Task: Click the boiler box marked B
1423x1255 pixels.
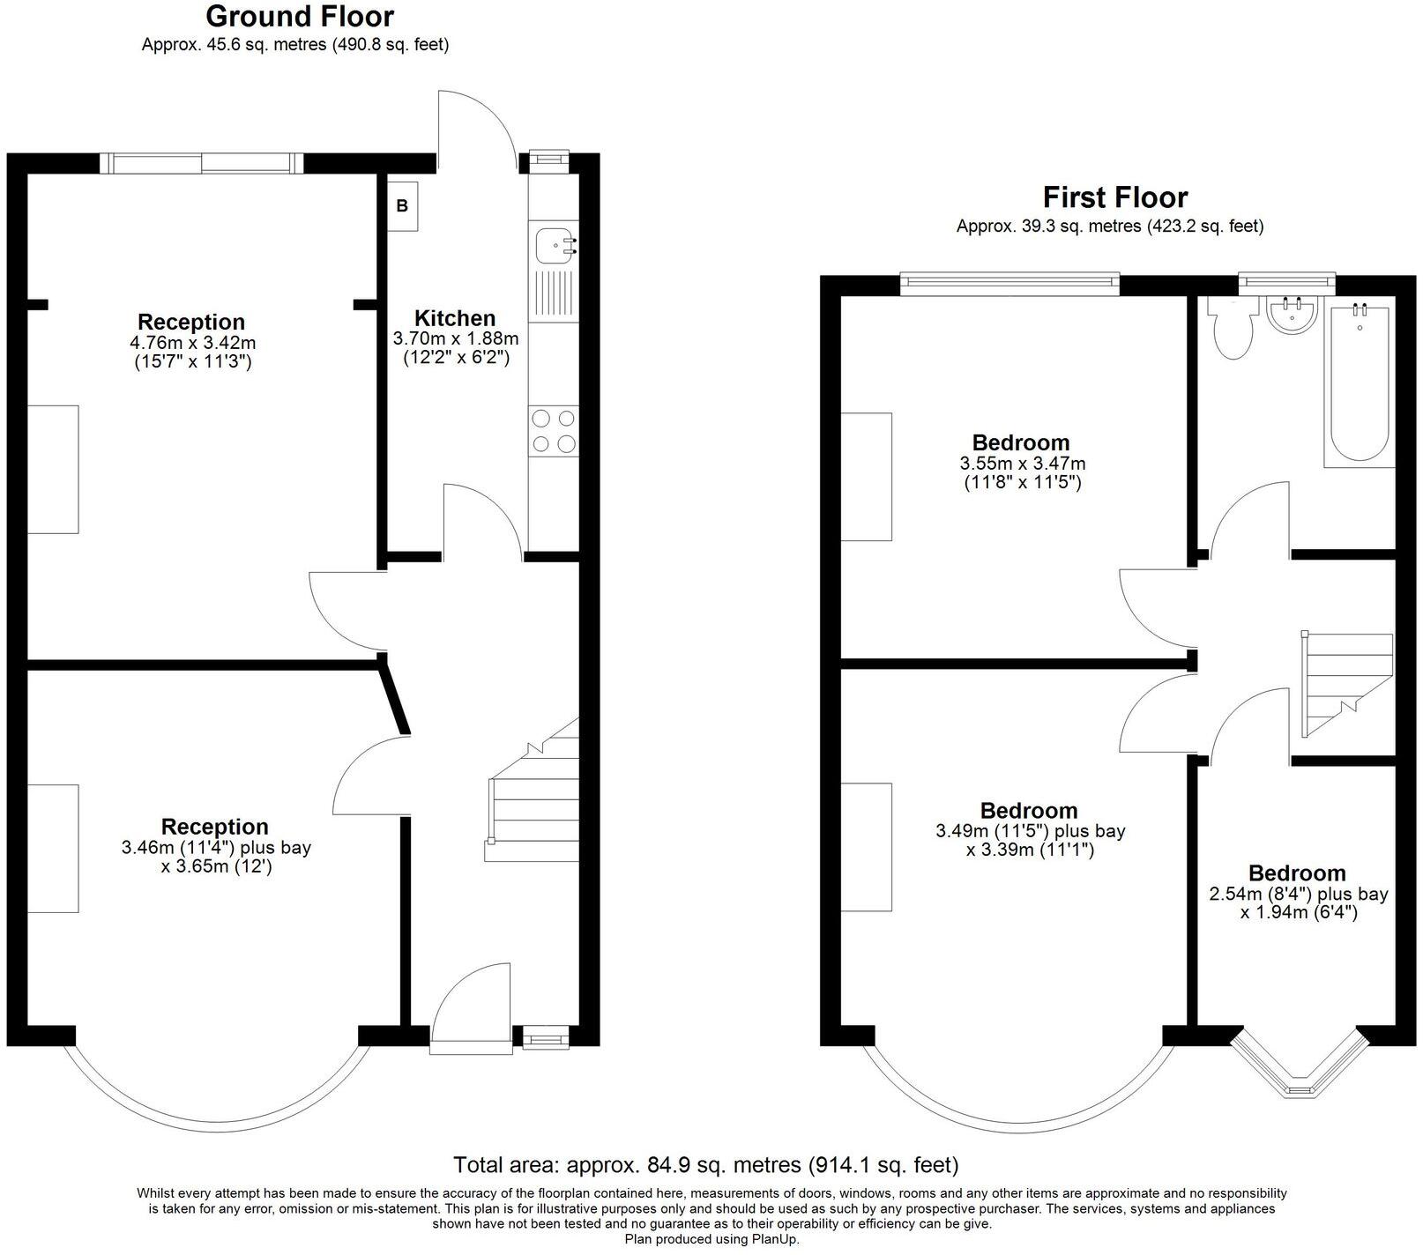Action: (403, 206)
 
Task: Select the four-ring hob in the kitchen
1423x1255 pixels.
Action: (555, 431)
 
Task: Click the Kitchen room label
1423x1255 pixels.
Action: (455, 318)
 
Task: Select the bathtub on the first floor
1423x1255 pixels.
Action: (1356, 383)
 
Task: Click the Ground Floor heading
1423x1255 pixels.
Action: (300, 16)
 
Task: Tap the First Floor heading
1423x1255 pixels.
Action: (1114, 197)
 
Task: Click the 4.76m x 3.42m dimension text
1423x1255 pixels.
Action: (191, 342)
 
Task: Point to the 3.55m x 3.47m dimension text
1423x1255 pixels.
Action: (1022, 463)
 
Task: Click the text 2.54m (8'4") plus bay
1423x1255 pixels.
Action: (1298, 894)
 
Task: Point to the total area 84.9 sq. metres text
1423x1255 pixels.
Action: (705, 1165)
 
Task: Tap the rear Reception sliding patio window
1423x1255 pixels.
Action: (202, 162)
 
